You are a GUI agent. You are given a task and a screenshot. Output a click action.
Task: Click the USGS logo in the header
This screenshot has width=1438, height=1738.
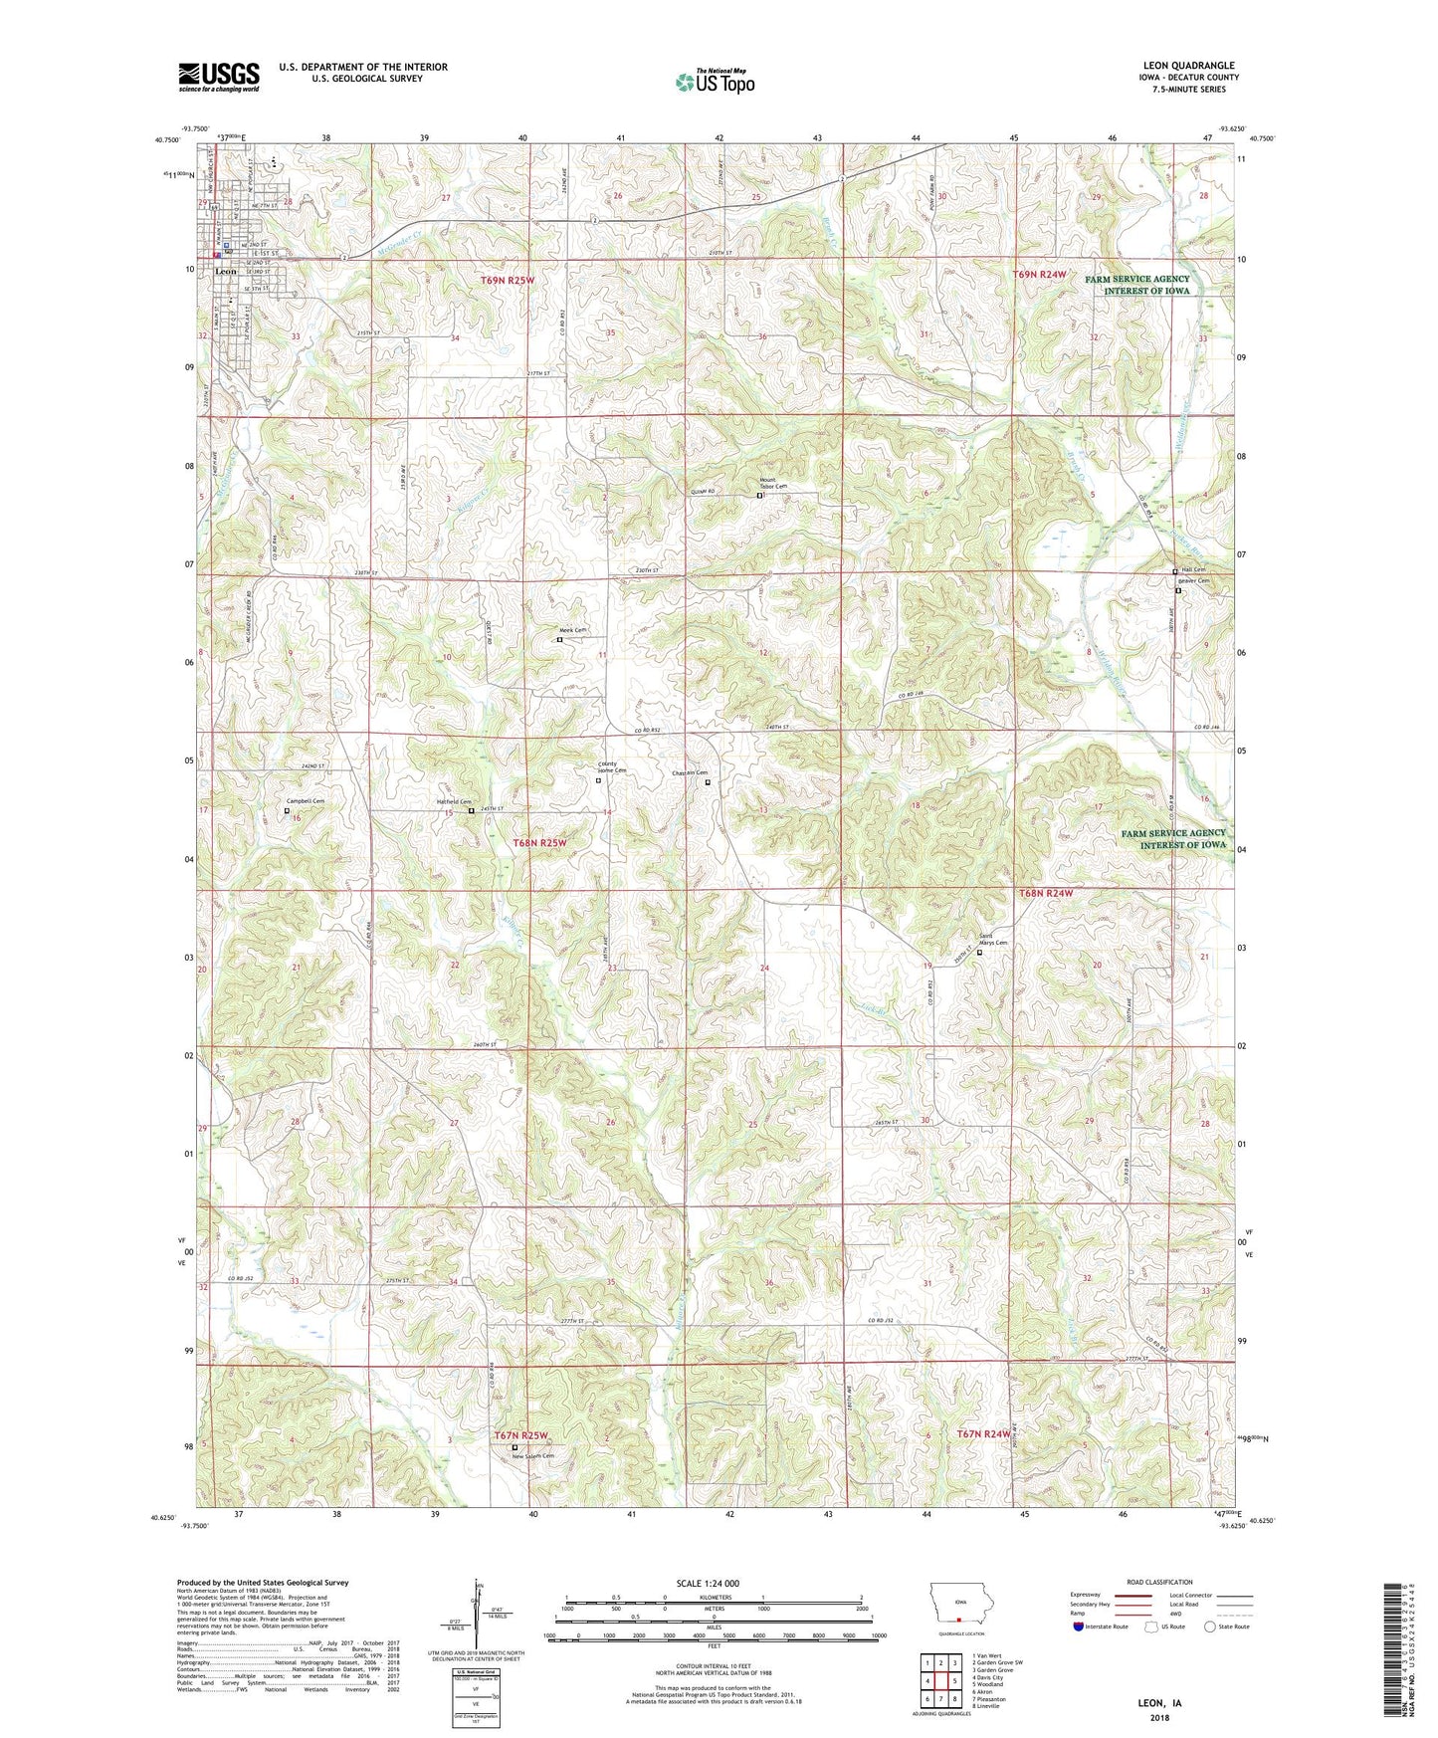[219, 77]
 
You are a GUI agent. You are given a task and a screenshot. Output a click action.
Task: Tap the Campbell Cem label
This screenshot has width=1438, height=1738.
[306, 800]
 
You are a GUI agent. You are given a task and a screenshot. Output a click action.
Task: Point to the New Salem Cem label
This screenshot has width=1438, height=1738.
[533, 1456]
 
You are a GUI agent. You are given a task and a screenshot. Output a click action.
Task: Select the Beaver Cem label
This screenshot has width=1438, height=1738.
[1194, 581]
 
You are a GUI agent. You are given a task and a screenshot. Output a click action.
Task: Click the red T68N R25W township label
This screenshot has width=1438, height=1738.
[539, 843]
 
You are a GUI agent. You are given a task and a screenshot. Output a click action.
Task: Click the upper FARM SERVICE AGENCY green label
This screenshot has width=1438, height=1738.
[1137, 285]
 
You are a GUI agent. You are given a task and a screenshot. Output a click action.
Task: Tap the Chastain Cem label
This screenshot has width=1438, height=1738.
[689, 772]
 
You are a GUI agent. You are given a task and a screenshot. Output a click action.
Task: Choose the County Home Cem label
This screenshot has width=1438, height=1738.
[612, 767]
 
